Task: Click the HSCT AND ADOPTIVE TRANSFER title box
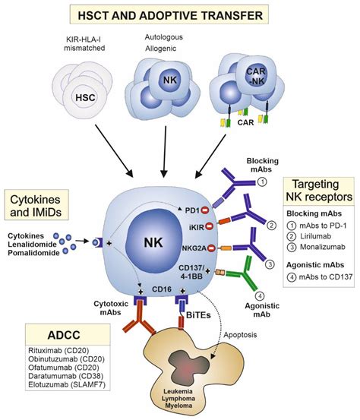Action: pyautogui.click(x=169, y=14)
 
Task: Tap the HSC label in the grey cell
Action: pyautogui.click(x=85, y=98)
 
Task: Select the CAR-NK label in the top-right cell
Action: pyautogui.click(x=255, y=76)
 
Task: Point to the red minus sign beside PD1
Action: pyautogui.click(x=204, y=210)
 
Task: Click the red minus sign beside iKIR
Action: pyautogui.click(x=209, y=227)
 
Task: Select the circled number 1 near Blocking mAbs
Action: pyautogui.click(x=263, y=182)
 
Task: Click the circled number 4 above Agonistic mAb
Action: pyautogui.click(x=260, y=296)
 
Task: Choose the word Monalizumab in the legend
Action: pyautogui.click(x=323, y=247)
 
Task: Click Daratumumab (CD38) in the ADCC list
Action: pyautogui.click(x=65, y=376)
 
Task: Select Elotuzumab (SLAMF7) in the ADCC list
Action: pyautogui.click(x=67, y=384)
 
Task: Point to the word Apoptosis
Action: pyautogui.click(x=240, y=335)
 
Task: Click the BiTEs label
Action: pyautogui.click(x=198, y=315)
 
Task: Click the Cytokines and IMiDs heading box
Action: pyautogui.click(x=36, y=206)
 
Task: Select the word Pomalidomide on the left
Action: pyautogui.click(x=33, y=253)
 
